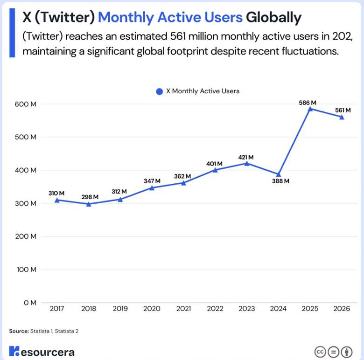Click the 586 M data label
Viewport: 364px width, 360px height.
click(x=307, y=102)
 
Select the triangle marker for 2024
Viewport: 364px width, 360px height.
click(x=279, y=174)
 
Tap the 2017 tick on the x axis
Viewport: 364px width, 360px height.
click(x=56, y=308)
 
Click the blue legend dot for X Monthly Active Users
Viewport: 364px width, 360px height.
click(x=159, y=91)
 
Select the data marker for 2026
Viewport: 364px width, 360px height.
click(x=342, y=117)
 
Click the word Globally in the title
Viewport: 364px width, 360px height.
click(x=273, y=18)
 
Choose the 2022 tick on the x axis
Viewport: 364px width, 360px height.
click(x=215, y=308)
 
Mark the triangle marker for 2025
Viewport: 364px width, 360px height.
click(x=310, y=109)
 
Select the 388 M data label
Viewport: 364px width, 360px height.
click(x=280, y=181)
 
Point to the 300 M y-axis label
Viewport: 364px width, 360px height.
click(x=27, y=203)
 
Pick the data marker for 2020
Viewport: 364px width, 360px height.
click(x=152, y=187)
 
